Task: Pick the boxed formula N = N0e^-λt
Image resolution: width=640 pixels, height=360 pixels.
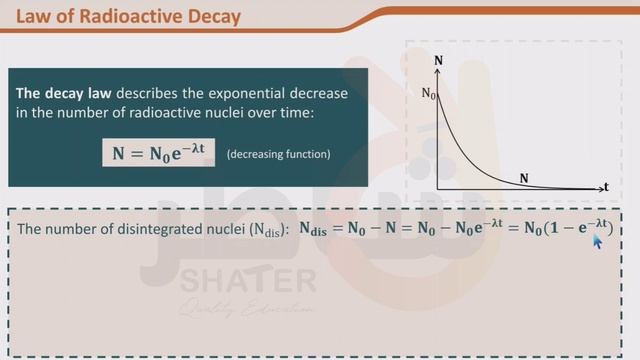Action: tap(159, 153)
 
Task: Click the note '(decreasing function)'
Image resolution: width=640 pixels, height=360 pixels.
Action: tap(278, 155)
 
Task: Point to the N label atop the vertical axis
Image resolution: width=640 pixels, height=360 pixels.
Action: tap(439, 60)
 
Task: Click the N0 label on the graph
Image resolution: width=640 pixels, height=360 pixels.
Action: tap(428, 94)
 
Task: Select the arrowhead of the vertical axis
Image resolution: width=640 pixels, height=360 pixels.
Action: tap(439, 71)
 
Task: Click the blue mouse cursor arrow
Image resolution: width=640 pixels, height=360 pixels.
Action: tap(598, 241)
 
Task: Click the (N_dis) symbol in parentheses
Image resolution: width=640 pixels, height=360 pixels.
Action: tap(267, 230)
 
